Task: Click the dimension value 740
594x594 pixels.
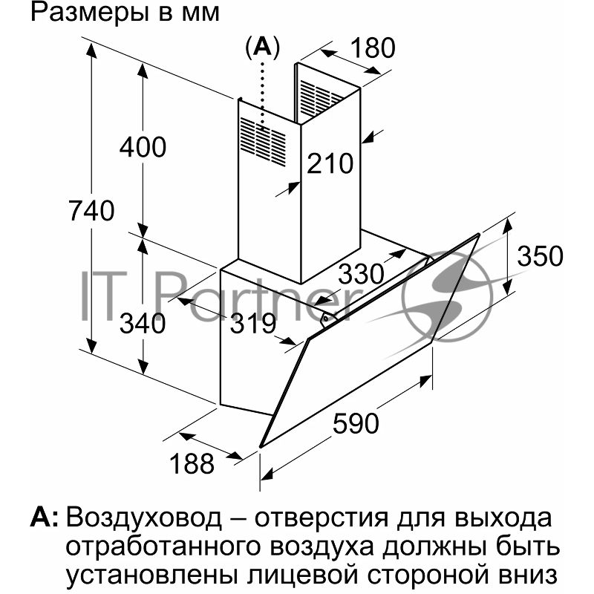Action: pos(91,211)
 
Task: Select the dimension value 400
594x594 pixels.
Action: pos(143,147)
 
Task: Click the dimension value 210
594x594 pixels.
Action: pos(331,163)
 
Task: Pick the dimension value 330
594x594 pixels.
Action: pos(362,274)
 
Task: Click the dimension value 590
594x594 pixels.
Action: pos(356,424)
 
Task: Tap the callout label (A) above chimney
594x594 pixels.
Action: pos(262,48)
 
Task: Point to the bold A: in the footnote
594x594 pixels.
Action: pos(45,516)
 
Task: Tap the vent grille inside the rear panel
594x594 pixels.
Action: pos(316,97)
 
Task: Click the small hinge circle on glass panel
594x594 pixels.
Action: pos(326,320)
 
